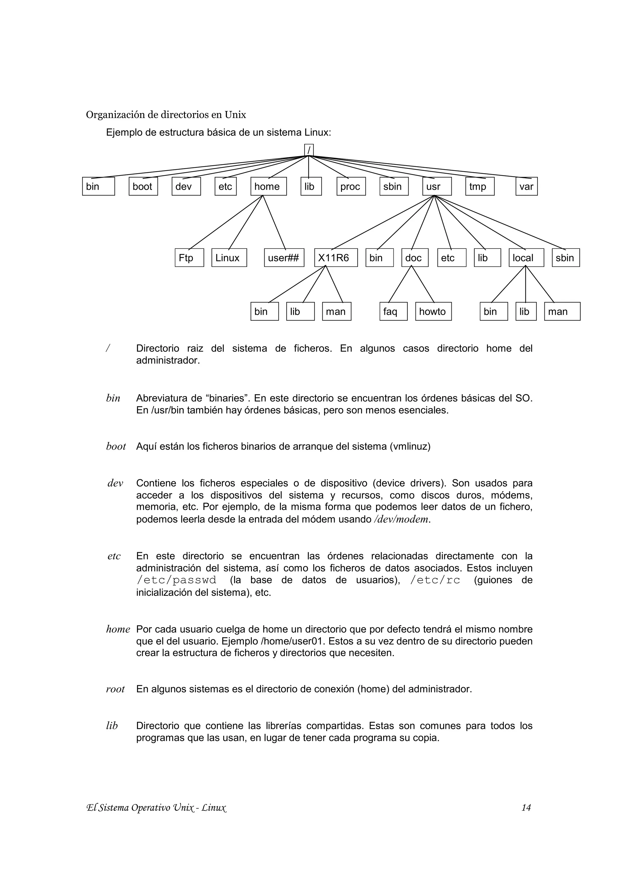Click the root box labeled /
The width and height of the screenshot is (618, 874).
tap(309, 150)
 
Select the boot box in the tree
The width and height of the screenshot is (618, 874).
tap(143, 186)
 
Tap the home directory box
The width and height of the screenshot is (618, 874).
tap(269, 186)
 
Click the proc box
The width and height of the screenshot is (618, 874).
tap(351, 186)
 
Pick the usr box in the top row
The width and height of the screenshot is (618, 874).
tap(437, 186)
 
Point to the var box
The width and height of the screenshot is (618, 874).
tap(527, 186)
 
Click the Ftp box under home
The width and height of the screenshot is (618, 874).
tap(189, 258)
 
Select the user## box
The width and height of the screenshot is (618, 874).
tap(284, 258)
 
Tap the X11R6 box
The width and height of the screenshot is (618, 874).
tap(336, 258)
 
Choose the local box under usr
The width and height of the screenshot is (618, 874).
tap(526, 258)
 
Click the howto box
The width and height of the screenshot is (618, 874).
tap(433, 311)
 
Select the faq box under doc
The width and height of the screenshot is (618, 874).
tap(393, 311)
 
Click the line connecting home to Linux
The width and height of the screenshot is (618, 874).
tap(246, 222)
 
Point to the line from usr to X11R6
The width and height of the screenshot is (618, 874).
tap(383, 223)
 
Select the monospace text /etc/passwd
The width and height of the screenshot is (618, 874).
tap(176, 580)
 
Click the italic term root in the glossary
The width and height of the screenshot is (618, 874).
tap(115, 689)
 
